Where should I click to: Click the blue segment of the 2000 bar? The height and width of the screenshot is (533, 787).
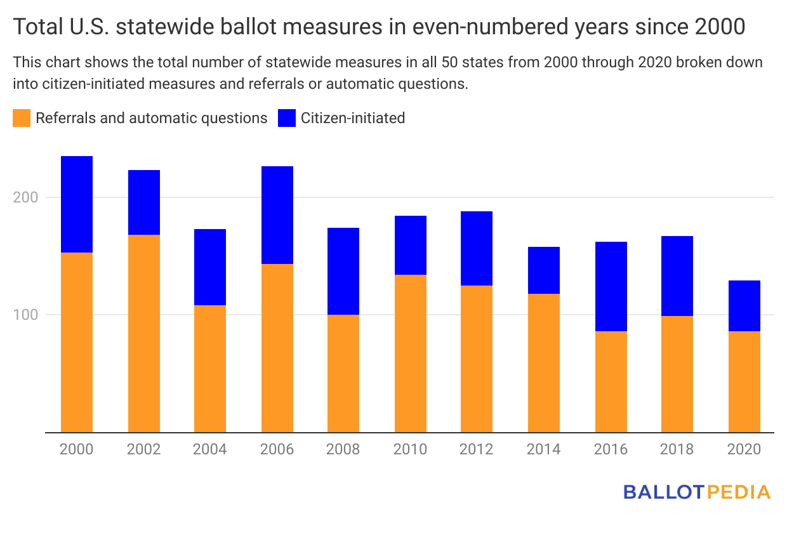77,204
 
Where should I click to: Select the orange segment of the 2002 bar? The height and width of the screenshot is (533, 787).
144,333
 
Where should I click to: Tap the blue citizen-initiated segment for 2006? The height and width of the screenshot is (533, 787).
277,215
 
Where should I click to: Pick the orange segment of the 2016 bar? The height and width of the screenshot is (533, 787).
611,381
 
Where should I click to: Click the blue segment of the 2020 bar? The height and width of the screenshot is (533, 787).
744,306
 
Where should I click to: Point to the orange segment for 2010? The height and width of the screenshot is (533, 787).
411,353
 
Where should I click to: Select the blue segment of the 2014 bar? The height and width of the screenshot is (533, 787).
544,270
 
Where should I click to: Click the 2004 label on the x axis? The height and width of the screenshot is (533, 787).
210,449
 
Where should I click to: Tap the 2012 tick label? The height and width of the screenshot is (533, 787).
477,449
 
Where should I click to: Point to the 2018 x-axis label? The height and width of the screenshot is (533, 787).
677,449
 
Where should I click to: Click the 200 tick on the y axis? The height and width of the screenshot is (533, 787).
25,197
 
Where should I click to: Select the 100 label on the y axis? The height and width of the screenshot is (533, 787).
25,315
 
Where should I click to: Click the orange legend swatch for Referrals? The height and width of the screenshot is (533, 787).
22,118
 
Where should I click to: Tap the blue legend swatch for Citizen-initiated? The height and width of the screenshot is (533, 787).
287,118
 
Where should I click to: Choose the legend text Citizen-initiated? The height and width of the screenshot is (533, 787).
353,118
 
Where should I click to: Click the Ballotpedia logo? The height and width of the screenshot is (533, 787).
697,492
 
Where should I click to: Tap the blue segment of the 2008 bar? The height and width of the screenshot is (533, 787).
343,271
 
